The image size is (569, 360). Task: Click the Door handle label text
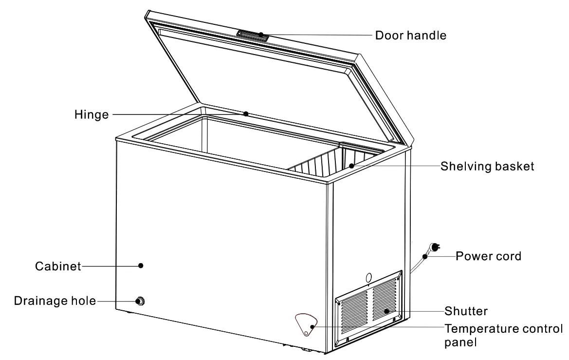410,35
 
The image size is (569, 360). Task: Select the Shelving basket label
487,166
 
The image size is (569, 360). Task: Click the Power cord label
488,255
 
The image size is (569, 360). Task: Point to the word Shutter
466,310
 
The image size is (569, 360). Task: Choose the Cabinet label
57,266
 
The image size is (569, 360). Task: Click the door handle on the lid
253,35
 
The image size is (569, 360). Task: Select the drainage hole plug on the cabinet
141,301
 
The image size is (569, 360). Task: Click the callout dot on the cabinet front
141,265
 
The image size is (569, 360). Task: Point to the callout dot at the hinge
246,114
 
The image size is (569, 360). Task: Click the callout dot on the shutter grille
386,310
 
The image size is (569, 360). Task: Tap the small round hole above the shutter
368,277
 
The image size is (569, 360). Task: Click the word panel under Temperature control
460,342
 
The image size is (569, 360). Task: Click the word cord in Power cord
508,255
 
